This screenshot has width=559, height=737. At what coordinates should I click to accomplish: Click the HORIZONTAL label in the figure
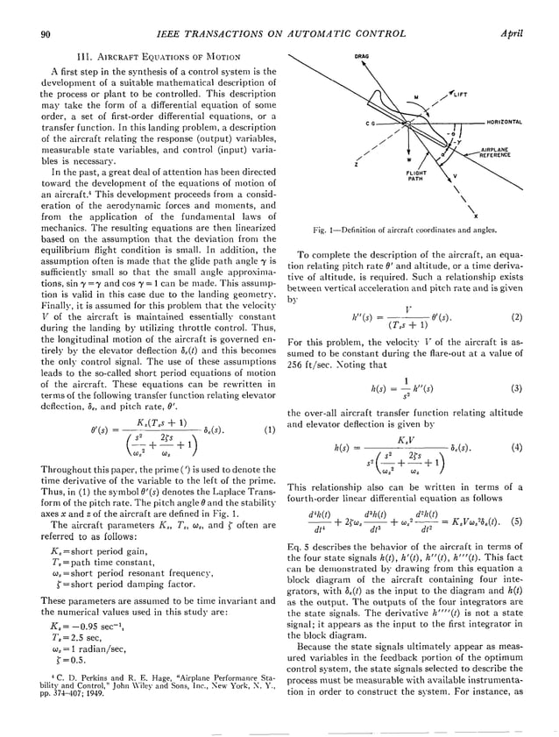click(505, 123)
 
